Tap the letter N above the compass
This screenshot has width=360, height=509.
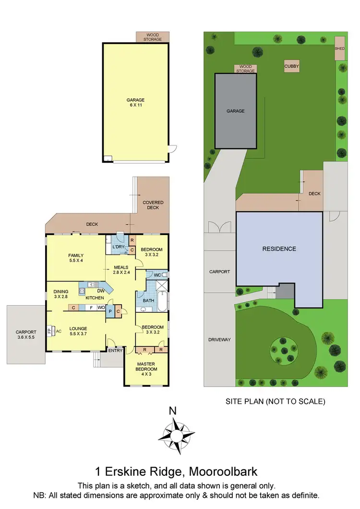[x=173, y=411]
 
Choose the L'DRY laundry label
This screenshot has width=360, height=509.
[x=119, y=247]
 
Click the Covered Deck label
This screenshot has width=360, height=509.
[x=153, y=205]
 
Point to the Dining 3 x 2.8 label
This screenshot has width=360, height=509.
[x=61, y=294]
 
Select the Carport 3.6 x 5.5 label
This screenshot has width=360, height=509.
[x=25, y=334]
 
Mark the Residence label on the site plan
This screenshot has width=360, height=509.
[x=279, y=249]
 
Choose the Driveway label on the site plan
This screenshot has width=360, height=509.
[x=220, y=340]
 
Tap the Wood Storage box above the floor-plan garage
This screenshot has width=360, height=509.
[x=152, y=36]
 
